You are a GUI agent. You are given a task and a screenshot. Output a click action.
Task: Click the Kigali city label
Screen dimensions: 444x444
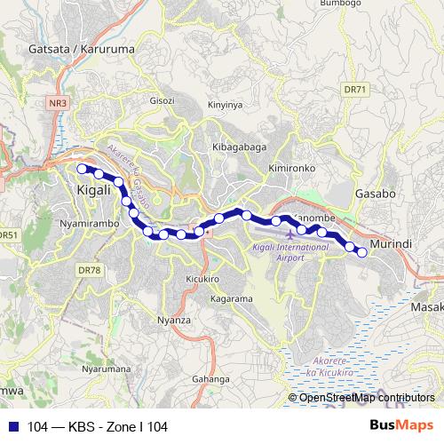pos(94,190)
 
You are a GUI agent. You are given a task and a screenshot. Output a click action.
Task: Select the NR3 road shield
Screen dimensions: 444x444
pos(58,103)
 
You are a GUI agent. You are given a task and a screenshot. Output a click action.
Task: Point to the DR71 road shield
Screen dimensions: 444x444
pos(353,91)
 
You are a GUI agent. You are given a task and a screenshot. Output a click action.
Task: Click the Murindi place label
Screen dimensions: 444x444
pos(391,242)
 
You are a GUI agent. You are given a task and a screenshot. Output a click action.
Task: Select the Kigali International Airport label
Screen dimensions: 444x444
pos(279,252)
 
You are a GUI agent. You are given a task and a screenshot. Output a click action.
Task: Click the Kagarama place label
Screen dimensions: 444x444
pos(233,299)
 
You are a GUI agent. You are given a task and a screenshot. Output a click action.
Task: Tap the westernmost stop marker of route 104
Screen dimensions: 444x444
pos(83,168)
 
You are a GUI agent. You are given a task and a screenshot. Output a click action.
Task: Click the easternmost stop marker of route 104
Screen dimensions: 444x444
pos(362,252)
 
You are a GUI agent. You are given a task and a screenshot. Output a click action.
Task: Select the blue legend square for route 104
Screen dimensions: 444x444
pos(12,427)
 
